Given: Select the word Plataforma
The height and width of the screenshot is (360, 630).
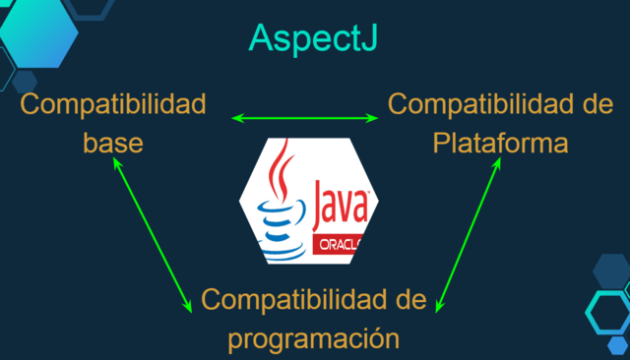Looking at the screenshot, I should coord(501,143).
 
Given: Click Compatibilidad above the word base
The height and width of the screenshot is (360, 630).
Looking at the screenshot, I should coord(112,103).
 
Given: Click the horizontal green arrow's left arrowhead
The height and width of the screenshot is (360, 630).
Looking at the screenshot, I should coord(235,119).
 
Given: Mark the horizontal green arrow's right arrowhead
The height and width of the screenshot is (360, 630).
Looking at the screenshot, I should coord(373,119).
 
